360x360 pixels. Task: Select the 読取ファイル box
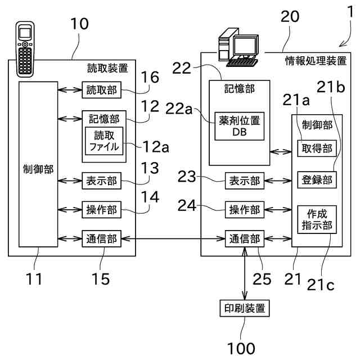pyautogui.click(x=104, y=140)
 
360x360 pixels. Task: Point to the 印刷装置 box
pyautogui.click(x=244, y=308)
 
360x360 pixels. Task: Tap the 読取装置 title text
pyautogui.click(x=107, y=69)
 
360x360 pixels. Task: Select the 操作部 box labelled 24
pyautogui.click(x=244, y=210)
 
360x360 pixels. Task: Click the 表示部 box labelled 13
pyautogui.click(x=102, y=181)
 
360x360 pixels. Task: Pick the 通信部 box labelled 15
pyautogui.click(x=102, y=238)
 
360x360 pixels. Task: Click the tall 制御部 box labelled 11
pyautogui.click(x=38, y=164)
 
